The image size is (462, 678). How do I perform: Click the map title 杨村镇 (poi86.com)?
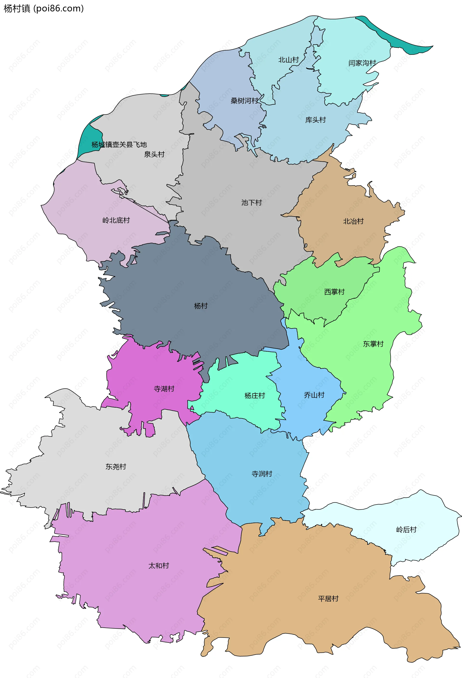tap(44, 8)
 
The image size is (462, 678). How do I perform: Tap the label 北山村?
tap(289, 60)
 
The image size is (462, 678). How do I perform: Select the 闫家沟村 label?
tap(362, 63)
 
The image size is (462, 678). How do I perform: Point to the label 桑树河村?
tap(244, 101)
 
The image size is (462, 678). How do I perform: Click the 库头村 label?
tap(315, 120)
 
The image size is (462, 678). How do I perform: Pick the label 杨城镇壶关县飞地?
tap(119, 145)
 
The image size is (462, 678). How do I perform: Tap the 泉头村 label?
tap(154, 154)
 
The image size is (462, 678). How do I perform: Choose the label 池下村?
tap(251, 202)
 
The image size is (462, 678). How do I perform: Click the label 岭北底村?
tap(116, 220)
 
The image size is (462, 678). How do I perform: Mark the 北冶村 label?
tap(353, 221)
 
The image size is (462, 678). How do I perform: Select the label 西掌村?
tap(334, 292)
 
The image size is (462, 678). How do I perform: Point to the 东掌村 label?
tap(373, 344)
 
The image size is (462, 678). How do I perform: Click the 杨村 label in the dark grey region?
tap(201, 306)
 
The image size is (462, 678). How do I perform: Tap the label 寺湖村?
tap(164, 389)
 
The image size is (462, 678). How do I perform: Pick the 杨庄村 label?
tap(255, 396)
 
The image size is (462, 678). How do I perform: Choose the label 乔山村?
tap(314, 395)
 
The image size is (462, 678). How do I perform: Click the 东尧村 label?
tap(116, 467)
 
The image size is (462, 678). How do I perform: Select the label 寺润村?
tap(262, 474)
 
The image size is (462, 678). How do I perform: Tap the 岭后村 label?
tap(406, 529)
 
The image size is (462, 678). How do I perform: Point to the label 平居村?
tap(328, 599)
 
